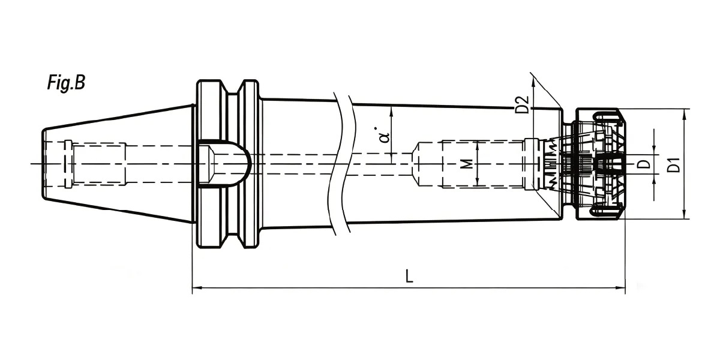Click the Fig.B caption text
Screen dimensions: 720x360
tap(66, 83)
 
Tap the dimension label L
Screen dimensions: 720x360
tap(409, 277)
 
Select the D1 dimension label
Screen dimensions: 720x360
tap(674, 164)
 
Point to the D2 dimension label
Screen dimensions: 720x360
tap(521, 104)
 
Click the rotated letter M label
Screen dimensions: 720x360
tap(469, 164)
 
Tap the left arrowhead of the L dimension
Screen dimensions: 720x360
tap(197, 287)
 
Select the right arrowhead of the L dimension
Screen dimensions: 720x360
tap(620, 287)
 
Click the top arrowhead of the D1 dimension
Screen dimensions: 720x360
tap(685, 114)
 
